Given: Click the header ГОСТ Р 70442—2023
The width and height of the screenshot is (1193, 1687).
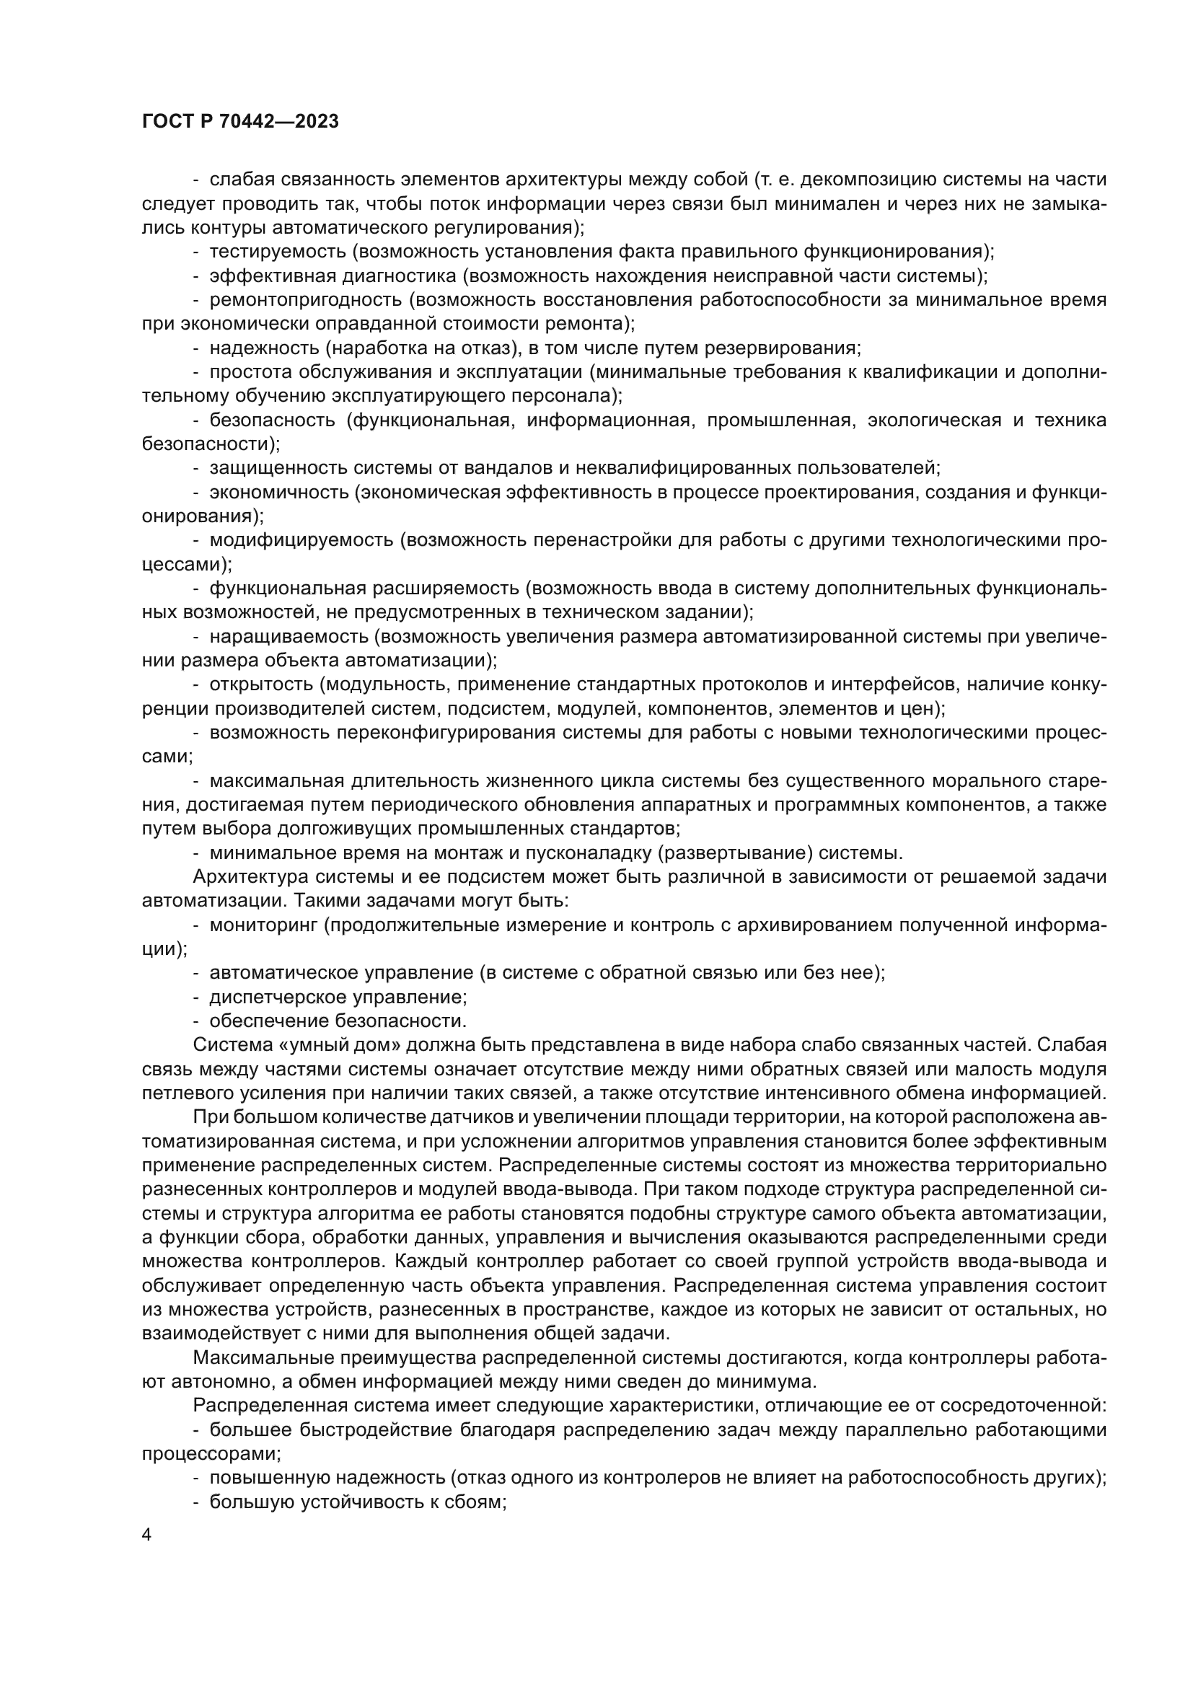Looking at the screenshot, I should tap(240, 122).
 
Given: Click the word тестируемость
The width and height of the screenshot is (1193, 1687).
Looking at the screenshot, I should tap(278, 252).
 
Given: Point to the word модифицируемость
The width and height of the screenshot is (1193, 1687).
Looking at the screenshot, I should tap(301, 540).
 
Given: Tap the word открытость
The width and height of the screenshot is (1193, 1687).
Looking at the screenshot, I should tap(262, 684).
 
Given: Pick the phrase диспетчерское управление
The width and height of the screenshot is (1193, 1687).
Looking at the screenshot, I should tap(338, 997).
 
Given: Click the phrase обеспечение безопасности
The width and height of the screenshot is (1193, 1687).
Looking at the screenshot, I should tap(337, 1021).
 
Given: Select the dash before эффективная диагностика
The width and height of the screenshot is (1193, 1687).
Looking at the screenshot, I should tap(196, 276).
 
